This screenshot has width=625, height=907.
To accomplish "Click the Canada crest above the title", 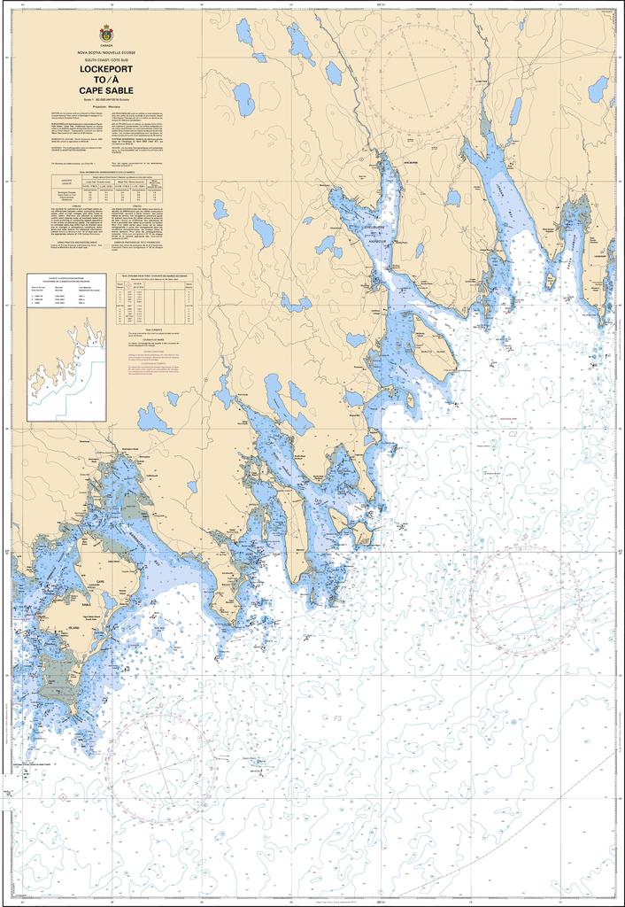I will click(106, 33).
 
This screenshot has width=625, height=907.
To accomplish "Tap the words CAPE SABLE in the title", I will click(106, 89).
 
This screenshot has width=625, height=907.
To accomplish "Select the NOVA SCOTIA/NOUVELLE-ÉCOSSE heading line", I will click(106, 54).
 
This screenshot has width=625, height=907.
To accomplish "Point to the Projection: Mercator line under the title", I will click(106, 105).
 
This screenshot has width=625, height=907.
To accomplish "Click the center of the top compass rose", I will click(416, 79).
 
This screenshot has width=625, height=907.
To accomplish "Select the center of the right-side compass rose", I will click(526, 600).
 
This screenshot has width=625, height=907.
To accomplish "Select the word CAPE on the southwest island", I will click(100, 583).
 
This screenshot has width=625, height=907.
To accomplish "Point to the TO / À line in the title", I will click(106, 79).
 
